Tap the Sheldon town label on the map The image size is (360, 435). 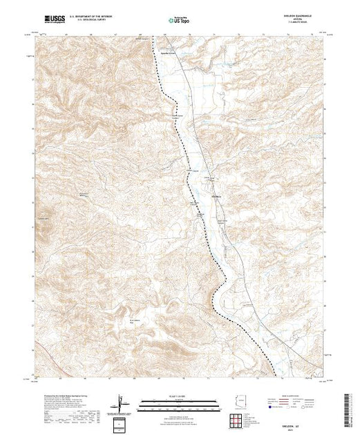[215, 197]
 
